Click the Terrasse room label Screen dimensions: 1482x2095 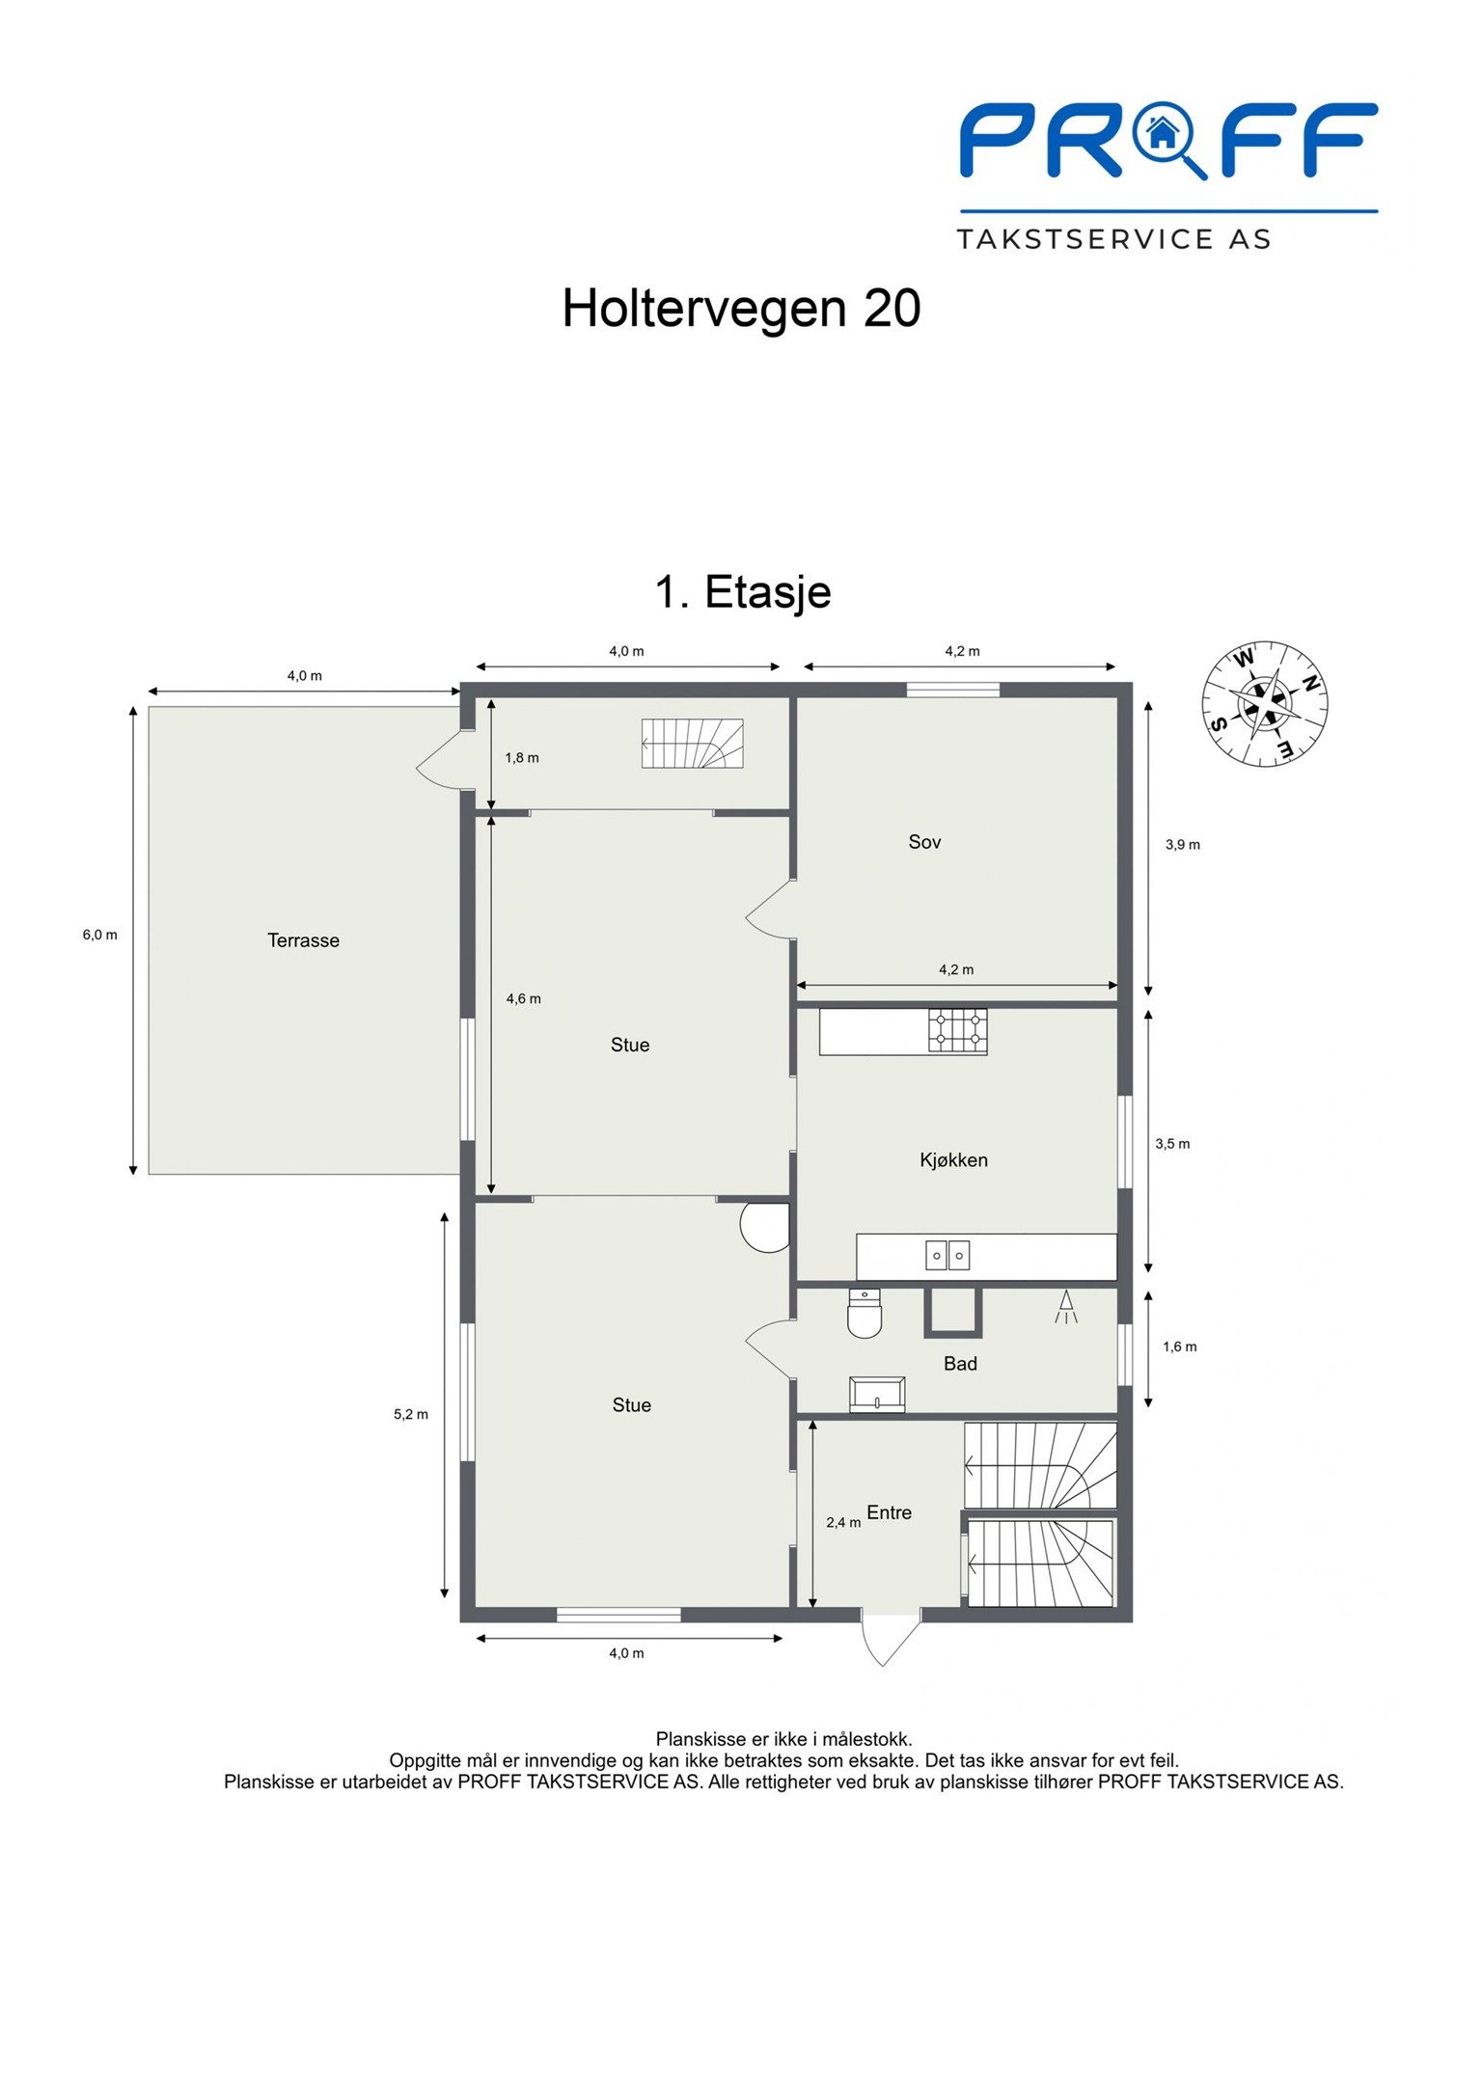(303, 940)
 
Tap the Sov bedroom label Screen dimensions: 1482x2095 (924, 842)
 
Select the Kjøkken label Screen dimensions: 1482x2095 (953, 1160)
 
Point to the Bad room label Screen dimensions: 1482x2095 (960, 1364)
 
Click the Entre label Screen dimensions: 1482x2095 (889, 1512)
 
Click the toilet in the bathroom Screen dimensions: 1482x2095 (864, 1314)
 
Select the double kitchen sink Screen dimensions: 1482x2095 (947, 1255)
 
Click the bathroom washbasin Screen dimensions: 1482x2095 (877, 1395)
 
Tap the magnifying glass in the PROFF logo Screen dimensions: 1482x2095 (1168, 141)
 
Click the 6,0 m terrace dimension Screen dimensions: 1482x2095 (99, 935)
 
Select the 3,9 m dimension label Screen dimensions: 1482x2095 (1183, 845)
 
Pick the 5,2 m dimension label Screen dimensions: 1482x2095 (410, 1414)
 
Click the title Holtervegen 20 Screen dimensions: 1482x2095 (741, 309)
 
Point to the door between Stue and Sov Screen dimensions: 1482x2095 (771, 909)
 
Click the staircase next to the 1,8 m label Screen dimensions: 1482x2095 (692, 744)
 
